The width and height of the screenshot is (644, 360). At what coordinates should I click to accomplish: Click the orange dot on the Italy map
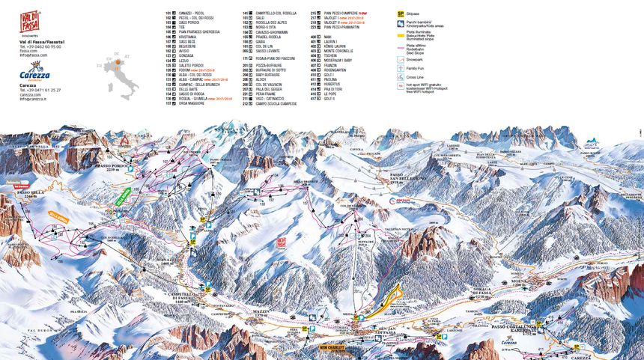click(x=118, y=66)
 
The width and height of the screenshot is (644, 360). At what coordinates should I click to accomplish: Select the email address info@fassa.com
click(x=34, y=55)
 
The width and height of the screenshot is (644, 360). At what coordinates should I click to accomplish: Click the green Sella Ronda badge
click(x=121, y=197)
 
